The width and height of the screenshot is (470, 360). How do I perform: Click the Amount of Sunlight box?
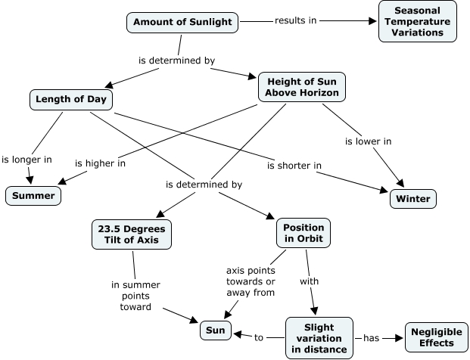[182, 21]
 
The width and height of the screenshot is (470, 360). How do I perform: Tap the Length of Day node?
[71, 99]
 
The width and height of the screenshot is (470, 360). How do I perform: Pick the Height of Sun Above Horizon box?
[301, 86]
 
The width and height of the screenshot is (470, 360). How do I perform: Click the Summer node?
[34, 197]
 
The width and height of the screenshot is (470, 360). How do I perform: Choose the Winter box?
[413, 200]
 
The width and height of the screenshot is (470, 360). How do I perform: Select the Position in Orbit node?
[303, 234]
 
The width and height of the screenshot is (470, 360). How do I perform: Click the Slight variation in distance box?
[318, 337]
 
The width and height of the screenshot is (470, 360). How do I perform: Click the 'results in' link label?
[295, 20]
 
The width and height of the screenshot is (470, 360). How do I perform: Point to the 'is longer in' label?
[26, 160]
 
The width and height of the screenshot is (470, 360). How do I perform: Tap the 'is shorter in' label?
[294, 165]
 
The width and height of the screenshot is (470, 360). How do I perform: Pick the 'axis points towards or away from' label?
[251, 281]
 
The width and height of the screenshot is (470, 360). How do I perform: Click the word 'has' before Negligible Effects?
[372, 338]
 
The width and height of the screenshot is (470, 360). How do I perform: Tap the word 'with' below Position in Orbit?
[309, 281]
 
